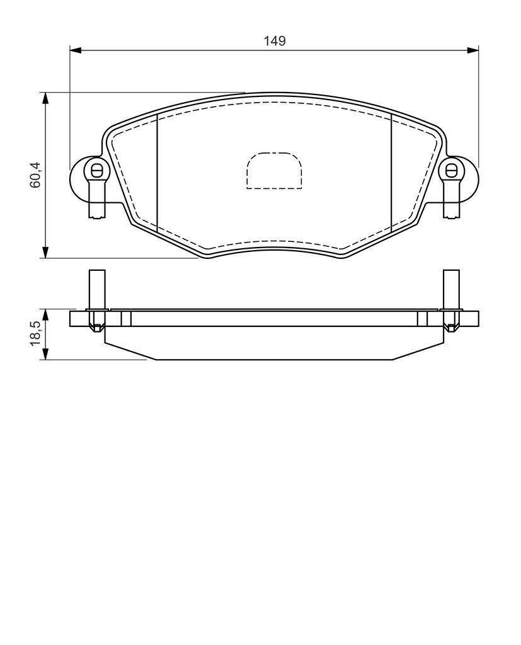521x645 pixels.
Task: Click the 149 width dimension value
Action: (275, 41)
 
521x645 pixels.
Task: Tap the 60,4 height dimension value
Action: (35, 175)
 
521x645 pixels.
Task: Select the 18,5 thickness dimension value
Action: (35, 333)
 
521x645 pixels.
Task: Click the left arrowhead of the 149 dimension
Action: (76, 50)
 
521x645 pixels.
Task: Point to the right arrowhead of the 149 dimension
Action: (472, 50)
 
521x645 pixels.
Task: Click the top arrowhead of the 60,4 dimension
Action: (45, 98)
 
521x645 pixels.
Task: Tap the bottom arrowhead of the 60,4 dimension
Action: (45, 252)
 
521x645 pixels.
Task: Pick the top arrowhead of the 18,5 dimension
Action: (45, 315)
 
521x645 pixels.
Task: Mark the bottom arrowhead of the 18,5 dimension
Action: (45, 354)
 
